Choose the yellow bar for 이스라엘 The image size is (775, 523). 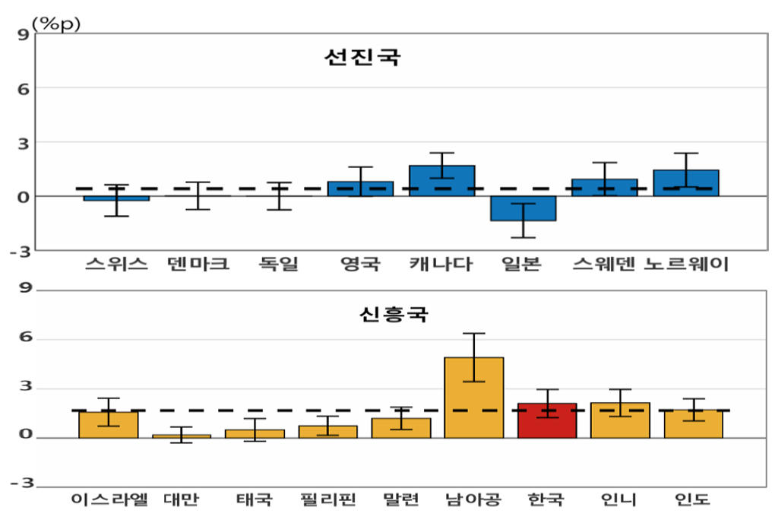tap(108, 425)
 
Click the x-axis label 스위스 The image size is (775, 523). tap(115, 265)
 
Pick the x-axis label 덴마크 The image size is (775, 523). tap(198, 265)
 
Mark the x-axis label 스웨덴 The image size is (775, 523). tap(604, 265)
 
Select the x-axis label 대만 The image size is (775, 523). tap(181, 500)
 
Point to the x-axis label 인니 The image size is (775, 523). tap(619, 500)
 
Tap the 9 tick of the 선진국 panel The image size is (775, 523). tap(23, 34)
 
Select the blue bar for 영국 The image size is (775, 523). tap(360, 189)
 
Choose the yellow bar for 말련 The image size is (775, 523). tap(400, 428)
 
